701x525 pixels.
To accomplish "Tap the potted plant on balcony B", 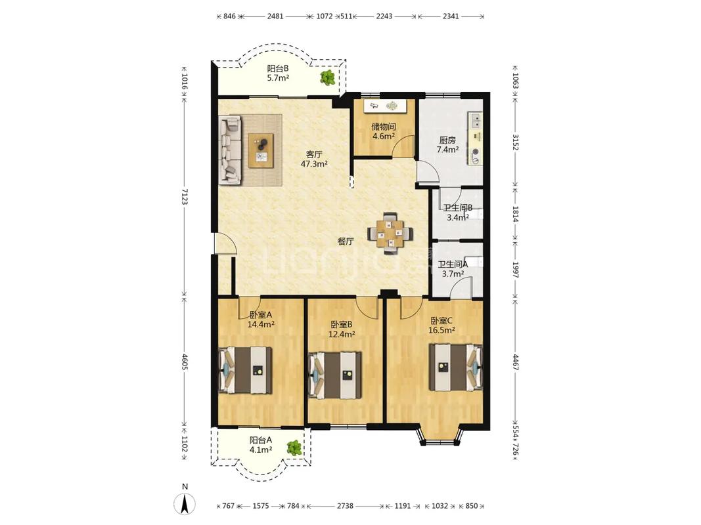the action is (x=327, y=77).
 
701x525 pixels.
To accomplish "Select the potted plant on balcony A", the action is (x=294, y=448).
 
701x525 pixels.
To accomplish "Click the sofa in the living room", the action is (x=230, y=150).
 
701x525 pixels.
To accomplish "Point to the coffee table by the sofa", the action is (x=261, y=150).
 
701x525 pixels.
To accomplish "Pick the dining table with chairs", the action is (x=390, y=233).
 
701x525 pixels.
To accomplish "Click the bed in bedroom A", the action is (x=246, y=370).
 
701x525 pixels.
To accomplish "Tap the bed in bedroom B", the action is (x=335, y=375).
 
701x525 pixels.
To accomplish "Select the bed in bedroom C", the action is (x=455, y=367).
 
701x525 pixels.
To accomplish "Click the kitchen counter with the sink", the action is (x=475, y=139).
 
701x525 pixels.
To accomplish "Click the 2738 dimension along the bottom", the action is (x=345, y=506).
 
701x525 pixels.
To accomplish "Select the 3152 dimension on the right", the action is (x=516, y=142).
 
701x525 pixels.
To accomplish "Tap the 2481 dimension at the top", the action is (x=275, y=16).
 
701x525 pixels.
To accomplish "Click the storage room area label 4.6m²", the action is (x=384, y=136).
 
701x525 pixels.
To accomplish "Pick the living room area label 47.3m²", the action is (x=314, y=164).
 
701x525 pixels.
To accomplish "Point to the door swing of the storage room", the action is (x=402, y=147).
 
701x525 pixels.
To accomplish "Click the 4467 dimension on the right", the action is (x=516, y=363).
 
